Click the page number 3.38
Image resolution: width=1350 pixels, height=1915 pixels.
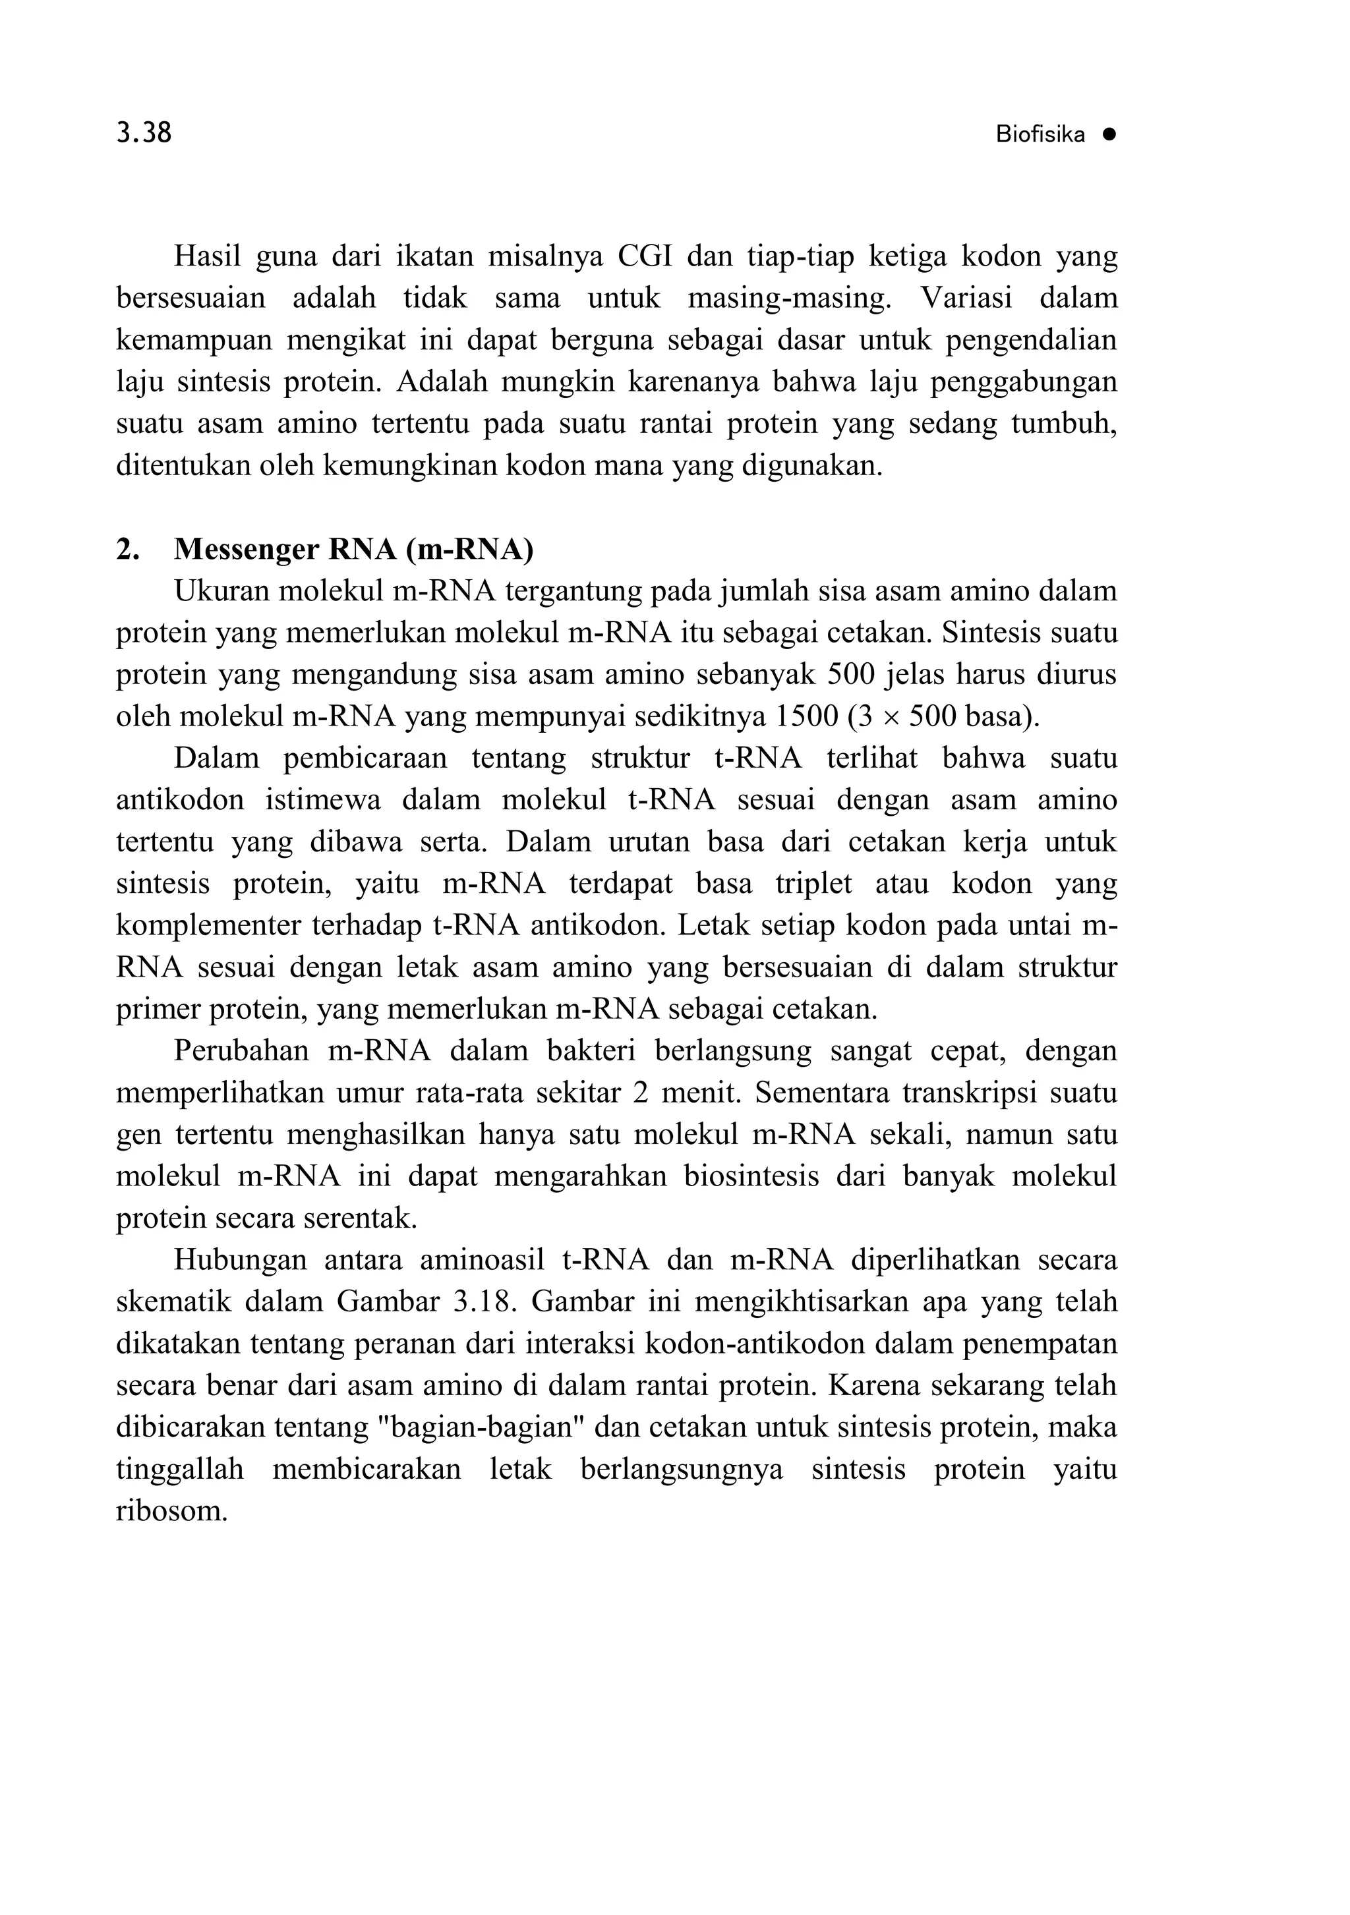coord(144,132)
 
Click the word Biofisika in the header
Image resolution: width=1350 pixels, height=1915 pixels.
coord(1040,135)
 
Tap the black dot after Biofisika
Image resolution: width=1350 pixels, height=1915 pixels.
coord(1108,134)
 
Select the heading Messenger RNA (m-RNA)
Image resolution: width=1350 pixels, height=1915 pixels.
coord(353,549)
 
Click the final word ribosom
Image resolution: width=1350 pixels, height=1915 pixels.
coord(171,1510)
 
